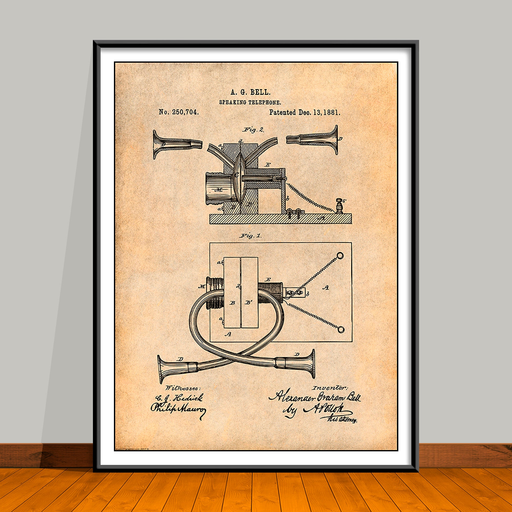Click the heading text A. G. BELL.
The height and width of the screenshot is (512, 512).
pyautogui.click(x=250, y=92)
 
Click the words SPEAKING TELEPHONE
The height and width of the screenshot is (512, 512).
pyautogui.click(x=250, y=103)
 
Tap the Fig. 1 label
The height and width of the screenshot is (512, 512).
pyautogui.click(x=250, y=236)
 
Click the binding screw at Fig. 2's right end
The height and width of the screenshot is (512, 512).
pyautogui.click(x=339, y=205)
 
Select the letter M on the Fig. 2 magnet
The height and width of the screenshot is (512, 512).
pyautogui.click(x=219, y=190)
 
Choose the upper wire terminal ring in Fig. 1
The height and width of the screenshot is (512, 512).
pyautogui.click(x=340, y=255)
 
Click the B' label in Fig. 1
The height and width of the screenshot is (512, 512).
pyautogui.click(x=249, y=303)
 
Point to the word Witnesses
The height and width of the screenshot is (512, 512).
pyautogui.click(x=182, y=388)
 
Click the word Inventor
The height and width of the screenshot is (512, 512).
pyautogui.click(x=329, y=388)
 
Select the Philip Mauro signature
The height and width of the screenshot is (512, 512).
pyautogui.click(x=178, y=409)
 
